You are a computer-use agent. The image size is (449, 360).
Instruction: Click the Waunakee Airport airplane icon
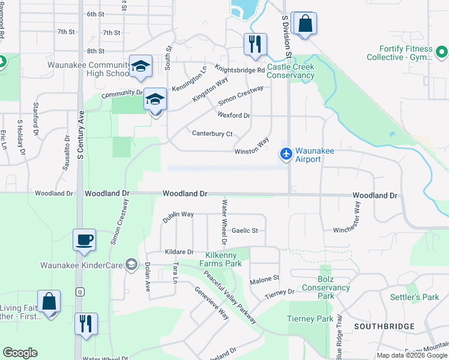(286, 154)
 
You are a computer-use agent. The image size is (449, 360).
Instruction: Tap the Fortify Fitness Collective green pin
(442, 53)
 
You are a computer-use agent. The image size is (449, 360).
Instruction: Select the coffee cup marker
(84, 239)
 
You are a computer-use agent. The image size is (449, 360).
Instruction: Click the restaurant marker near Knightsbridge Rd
(255, 44)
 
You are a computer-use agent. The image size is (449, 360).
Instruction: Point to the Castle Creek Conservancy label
(291, 71)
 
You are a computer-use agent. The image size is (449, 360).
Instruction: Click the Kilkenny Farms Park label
(223, 259)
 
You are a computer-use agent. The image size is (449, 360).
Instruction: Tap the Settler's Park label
(422, 297)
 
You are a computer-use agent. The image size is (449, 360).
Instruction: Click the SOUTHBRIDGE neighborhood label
(384, 326)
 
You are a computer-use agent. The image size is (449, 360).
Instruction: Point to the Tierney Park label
(310, 319)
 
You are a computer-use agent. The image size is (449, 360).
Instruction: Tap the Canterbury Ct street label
(212, 133)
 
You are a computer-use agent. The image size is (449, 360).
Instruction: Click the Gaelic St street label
(244, 230)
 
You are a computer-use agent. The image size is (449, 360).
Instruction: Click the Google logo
(20, 353)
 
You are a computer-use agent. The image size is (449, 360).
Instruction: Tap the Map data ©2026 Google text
(412, 355)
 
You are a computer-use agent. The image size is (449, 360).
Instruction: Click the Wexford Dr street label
(234, 115)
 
